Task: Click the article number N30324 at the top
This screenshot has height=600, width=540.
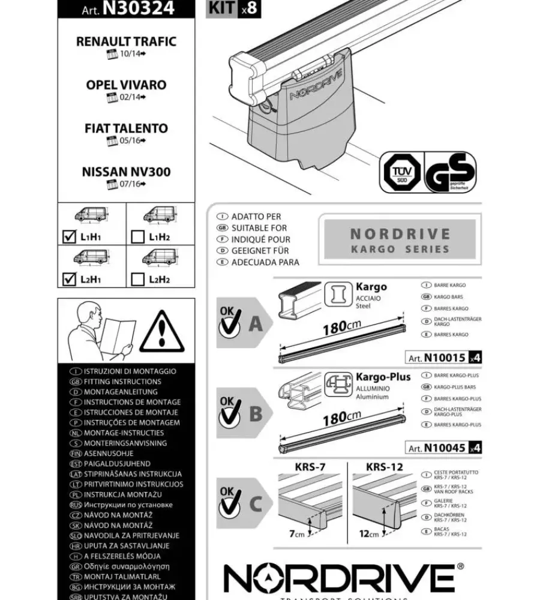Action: [x=138, y=8]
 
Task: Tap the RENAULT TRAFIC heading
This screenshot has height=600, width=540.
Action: [x=126, y=41]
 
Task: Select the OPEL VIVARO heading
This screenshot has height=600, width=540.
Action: [x=126, y=85]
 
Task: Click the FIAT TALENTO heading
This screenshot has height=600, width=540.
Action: [x=126, y=128]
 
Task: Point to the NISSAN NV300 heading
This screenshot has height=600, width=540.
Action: [x=126, y=172]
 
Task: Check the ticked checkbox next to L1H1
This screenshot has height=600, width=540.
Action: [x=69, y=236]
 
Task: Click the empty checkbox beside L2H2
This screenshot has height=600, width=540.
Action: [x=137, y=278]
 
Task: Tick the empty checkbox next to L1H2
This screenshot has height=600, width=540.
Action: [x=137, y=236]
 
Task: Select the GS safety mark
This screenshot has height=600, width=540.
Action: [x=450, y=172]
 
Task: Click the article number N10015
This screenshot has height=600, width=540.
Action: [x=444, y=358]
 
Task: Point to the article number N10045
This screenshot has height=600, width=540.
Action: [x=444, y=448]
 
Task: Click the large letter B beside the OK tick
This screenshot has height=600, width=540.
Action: [x=256, y=413]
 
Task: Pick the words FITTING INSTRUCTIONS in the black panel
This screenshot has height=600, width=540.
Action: [x=122, y=382]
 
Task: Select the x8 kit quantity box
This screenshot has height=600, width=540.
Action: [x=249, y=8]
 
